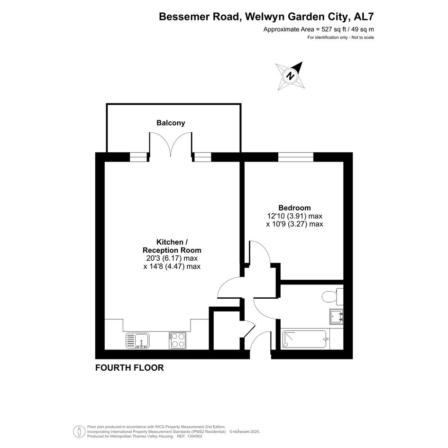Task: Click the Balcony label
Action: tap(171, 123)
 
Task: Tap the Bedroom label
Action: tap(294, 208)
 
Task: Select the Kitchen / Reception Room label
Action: tap(172, 246)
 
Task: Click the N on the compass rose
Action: tap(291, 76)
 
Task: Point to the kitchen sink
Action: tap(137, 340)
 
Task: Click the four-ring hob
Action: tap(177, 340)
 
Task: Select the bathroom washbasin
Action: tap(336, 317)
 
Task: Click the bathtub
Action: tap(304, 339)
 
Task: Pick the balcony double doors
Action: tap(171, 144)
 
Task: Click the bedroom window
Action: tap(296, 157)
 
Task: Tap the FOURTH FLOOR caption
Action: tap(129, 368)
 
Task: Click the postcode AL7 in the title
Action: tap(364, 17)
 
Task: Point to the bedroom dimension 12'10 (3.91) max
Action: tap(294, 216)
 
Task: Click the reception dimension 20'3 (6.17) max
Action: tap(172, 258)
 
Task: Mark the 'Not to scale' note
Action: tap(363, 37)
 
